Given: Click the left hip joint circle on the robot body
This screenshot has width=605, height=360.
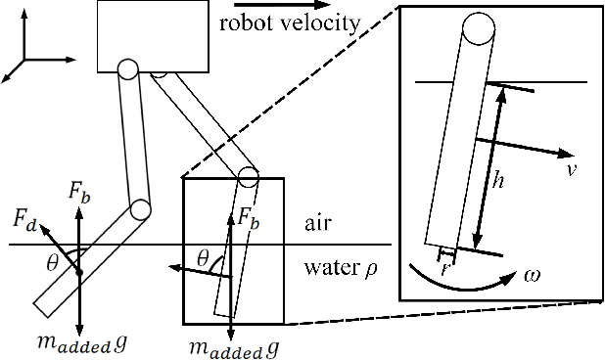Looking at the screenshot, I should click(127, 69).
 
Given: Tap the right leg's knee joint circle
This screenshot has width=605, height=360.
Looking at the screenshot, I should click(248, 177).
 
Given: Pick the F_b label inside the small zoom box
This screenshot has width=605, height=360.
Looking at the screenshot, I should click(249, 219).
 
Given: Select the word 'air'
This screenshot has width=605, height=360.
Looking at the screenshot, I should click(315, 224).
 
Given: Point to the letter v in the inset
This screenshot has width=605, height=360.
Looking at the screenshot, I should click(570, 169).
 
